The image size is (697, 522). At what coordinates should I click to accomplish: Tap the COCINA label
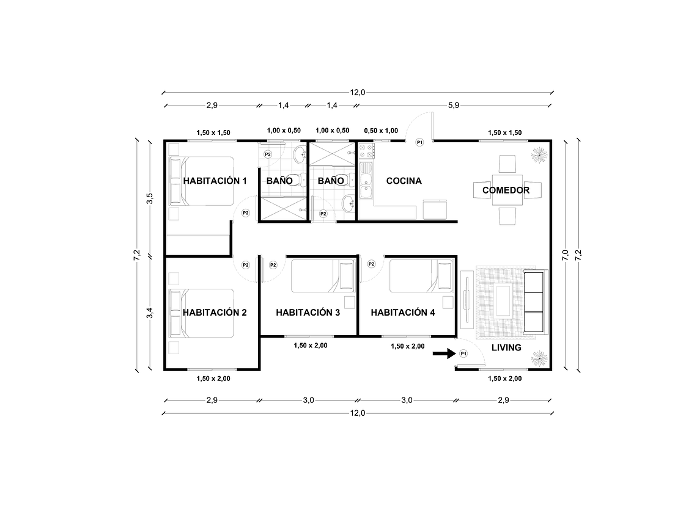[404, 181]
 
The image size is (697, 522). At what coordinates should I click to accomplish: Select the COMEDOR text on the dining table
[506, 190]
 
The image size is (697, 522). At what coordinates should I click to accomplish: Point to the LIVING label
[506, 347]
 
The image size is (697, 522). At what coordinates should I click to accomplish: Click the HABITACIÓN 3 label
[308, 313]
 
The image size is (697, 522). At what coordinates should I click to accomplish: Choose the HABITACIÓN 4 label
[403, 313]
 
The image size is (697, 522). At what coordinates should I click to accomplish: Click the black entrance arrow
[443, 353]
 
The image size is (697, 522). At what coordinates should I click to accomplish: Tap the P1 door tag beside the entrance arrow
[463, 353]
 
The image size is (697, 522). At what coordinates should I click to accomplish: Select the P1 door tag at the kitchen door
[419, 142]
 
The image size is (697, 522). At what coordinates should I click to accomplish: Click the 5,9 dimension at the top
[453, 106]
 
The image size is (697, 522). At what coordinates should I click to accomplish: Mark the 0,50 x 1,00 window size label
[380, 131]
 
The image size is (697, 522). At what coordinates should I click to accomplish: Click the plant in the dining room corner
[538, 155]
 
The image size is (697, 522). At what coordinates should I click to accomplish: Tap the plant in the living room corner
[538, 358]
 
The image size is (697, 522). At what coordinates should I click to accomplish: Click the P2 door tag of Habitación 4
[371, 264]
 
